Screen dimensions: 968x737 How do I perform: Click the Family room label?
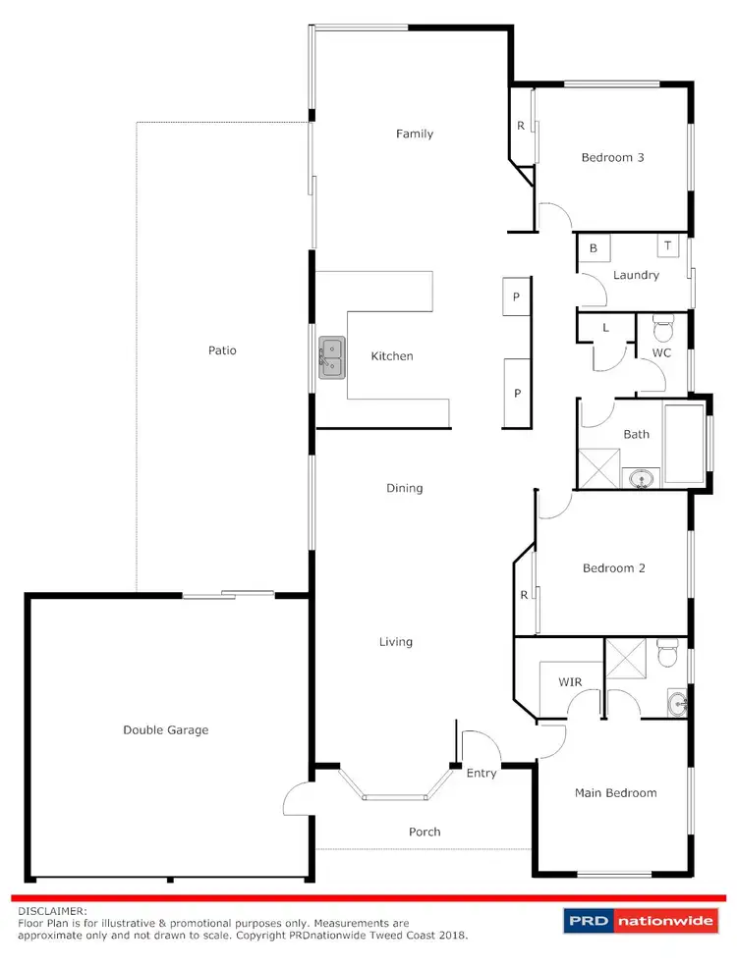coord(415,134)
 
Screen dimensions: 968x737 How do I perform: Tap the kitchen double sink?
coord(331,356)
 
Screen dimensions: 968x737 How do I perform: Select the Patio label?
coord(222,350)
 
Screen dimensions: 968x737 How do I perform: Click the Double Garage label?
coord(165,729)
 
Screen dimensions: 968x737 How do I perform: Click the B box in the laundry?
coord(594,249)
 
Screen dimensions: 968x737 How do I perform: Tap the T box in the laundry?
coord(668,245)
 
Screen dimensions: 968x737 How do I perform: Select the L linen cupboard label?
coord(605,329)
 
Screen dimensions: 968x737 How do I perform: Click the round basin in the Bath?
coord(642,479)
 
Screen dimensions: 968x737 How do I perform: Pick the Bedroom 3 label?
coord(612,157)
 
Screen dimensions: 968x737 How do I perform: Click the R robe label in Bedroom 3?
coord(520,126)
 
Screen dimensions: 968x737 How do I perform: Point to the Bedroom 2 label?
coord(613,568)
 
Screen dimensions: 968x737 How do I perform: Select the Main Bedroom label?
coord(615,793)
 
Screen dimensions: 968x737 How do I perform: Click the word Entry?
coord(482,774)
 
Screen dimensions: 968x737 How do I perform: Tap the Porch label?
coord(425,832)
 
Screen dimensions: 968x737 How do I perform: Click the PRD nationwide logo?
coord(642,922)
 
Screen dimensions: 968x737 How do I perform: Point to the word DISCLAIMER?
coord(52,911)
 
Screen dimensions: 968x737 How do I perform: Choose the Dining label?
coord(405,488)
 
